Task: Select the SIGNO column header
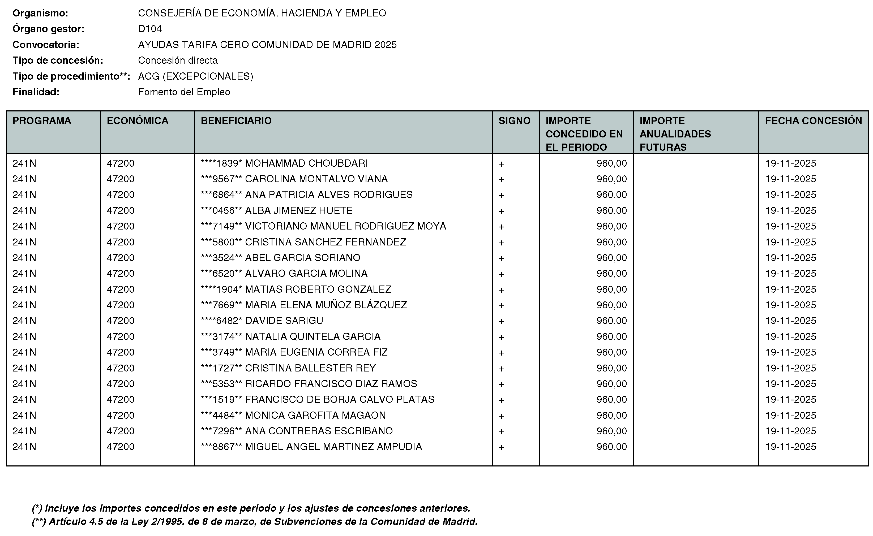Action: click(x=514, y=121)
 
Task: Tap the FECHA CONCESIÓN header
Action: click(x=813, y=121)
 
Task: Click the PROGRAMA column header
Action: click(x=42, y=121)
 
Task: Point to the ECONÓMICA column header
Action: click(x=137, y=121)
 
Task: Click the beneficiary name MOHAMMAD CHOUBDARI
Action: click(x=306, y=163)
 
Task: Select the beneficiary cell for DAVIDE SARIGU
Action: click(x=284, y=321)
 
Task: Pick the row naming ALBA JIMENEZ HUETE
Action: click(x=299, y=211)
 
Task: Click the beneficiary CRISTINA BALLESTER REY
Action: click(x=310, y=368)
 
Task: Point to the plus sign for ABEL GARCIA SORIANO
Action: click(x=501, y=258)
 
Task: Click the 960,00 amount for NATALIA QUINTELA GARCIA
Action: click(x=611, y=336)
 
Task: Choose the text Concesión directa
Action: click(x=178, y=60)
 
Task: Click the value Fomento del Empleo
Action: click(x=184, y=92)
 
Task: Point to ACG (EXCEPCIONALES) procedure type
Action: click(x=195, y=76)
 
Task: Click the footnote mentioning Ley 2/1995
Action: click(x=254, y=521)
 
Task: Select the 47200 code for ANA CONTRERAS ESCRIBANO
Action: click(x=121, y=431)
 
